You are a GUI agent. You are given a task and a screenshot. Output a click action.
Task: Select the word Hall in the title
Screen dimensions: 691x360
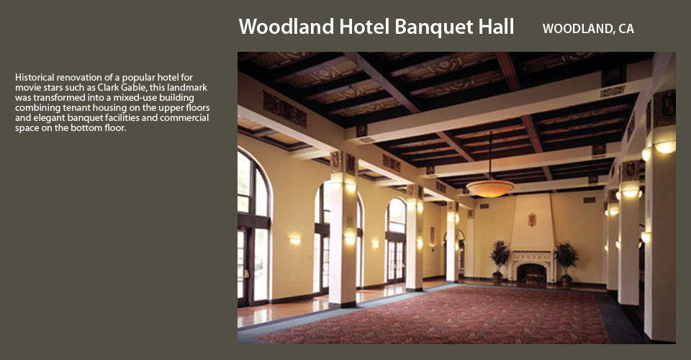click(x=494, y=27)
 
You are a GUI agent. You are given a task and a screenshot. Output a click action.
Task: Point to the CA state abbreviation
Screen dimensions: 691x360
click(x=626, y=29)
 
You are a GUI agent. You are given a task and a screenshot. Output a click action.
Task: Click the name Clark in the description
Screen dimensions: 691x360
click(x=108, y=87)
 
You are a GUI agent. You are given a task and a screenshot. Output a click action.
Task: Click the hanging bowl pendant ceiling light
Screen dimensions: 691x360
click(x=490, y=188)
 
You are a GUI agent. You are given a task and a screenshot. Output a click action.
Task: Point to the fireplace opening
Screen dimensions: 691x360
click(x=531, y=273)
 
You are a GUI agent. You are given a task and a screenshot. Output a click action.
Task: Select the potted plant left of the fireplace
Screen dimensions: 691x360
click(x=500, y=261)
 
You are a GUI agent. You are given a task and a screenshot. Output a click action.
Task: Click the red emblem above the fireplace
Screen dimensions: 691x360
click(x=532, y=219)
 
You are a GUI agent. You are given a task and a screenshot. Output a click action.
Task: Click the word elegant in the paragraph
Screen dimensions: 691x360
click(x=49, y=117)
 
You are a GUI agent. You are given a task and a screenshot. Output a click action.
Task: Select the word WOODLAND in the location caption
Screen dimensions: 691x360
click(x=578, y=29)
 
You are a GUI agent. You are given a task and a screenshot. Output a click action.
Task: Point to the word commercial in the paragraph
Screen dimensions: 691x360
click(x=185, y=117)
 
